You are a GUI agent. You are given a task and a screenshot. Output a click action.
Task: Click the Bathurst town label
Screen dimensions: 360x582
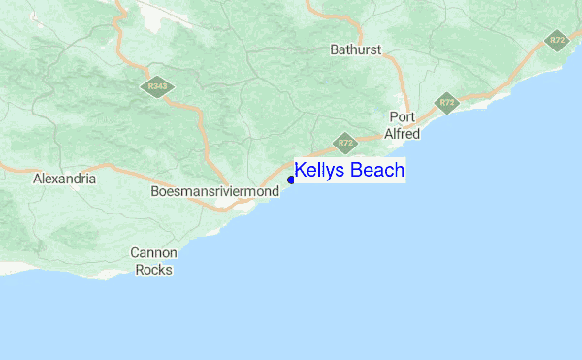[356, 49]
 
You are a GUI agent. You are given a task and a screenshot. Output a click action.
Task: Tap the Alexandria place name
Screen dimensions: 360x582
[64, 180]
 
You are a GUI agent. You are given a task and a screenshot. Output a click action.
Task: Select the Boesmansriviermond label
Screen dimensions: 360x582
[215, 192]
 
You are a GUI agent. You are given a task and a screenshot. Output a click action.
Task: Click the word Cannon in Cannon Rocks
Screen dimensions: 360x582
[154, 253]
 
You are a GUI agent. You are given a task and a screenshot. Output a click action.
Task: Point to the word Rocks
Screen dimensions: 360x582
[154, 269]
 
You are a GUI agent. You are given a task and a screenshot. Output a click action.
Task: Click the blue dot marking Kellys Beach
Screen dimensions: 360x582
[291, 180]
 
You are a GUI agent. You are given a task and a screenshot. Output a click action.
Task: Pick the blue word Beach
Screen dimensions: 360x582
[376, 171]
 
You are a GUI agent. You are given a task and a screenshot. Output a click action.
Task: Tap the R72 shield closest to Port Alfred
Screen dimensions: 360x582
[446, 102]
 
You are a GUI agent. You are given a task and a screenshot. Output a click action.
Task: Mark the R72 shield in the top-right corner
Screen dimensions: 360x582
[557, 40]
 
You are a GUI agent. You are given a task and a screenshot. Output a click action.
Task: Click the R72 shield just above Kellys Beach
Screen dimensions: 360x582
[345, 144]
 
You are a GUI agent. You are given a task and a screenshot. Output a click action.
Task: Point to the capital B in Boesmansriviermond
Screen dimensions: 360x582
[156, 192]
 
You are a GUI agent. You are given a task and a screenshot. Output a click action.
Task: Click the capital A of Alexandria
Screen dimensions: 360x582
[37, 180]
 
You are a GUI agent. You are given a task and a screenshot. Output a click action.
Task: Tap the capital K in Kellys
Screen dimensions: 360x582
[301, 171]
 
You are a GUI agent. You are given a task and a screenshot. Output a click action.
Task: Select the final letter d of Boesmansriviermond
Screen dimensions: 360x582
[275, 192]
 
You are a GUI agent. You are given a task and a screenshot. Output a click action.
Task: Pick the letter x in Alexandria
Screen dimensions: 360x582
[55, 180]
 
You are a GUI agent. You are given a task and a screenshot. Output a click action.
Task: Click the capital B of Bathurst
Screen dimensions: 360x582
[335, 49]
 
